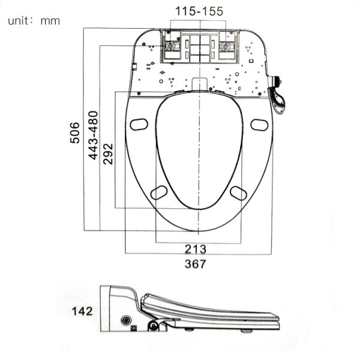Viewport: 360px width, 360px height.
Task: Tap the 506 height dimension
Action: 75,133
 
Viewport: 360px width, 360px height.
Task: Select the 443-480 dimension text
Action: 94,135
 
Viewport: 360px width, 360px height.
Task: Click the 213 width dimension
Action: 196,249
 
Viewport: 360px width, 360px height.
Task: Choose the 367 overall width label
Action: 196,264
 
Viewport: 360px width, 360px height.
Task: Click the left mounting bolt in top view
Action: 172,47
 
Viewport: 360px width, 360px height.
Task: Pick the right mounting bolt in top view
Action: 226,47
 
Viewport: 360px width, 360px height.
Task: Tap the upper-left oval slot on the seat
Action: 139,124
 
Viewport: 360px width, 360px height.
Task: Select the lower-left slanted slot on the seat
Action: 159,192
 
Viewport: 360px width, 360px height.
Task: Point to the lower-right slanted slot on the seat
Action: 238,193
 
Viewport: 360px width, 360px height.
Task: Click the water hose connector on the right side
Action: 278,96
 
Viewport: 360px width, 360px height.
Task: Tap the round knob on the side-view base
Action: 126,320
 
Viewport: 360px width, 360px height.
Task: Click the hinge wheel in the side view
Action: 154,326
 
